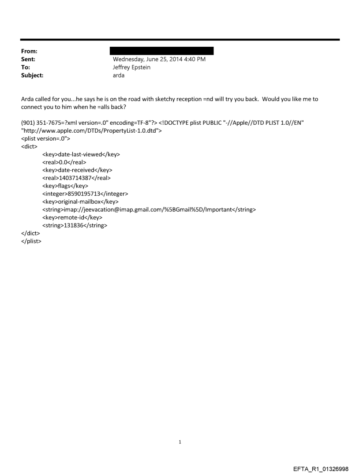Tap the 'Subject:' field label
tap(31, 75)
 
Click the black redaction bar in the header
tap(161, 51)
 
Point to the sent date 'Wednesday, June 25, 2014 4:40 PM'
tap(159, 59)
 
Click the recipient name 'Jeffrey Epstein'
tap(132, 67)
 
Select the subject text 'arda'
tap(119, 75)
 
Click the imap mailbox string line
tap(149, 210)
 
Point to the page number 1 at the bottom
tap(180, 442)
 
